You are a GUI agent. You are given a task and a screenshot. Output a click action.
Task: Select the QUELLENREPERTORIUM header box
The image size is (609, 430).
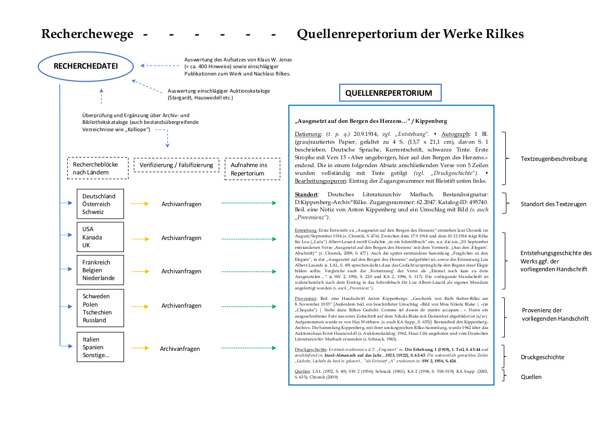coord(390,93)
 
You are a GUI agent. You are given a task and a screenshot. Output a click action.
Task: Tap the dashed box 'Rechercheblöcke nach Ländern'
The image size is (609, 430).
coord(97,168)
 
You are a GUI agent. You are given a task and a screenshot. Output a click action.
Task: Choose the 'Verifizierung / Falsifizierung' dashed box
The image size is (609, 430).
coord(176,165)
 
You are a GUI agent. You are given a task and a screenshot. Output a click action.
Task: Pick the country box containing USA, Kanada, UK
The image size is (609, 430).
coord(100,237)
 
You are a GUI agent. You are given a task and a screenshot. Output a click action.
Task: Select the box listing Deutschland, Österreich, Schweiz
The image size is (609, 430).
coord(100,204)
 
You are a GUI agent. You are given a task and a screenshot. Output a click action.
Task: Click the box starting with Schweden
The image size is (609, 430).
coord(100,308)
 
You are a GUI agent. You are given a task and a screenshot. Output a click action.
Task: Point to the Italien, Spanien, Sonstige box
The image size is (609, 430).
coord(100,347)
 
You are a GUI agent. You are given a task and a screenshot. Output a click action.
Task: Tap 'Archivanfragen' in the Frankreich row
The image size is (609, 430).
coord(181,271)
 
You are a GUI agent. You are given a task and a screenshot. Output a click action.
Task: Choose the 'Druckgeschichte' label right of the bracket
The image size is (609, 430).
coord(543,357)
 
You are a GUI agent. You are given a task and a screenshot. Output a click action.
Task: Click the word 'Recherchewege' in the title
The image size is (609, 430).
coord(87,34)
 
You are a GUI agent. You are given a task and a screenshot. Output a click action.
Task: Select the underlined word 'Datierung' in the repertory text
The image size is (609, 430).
coord(307,134)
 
